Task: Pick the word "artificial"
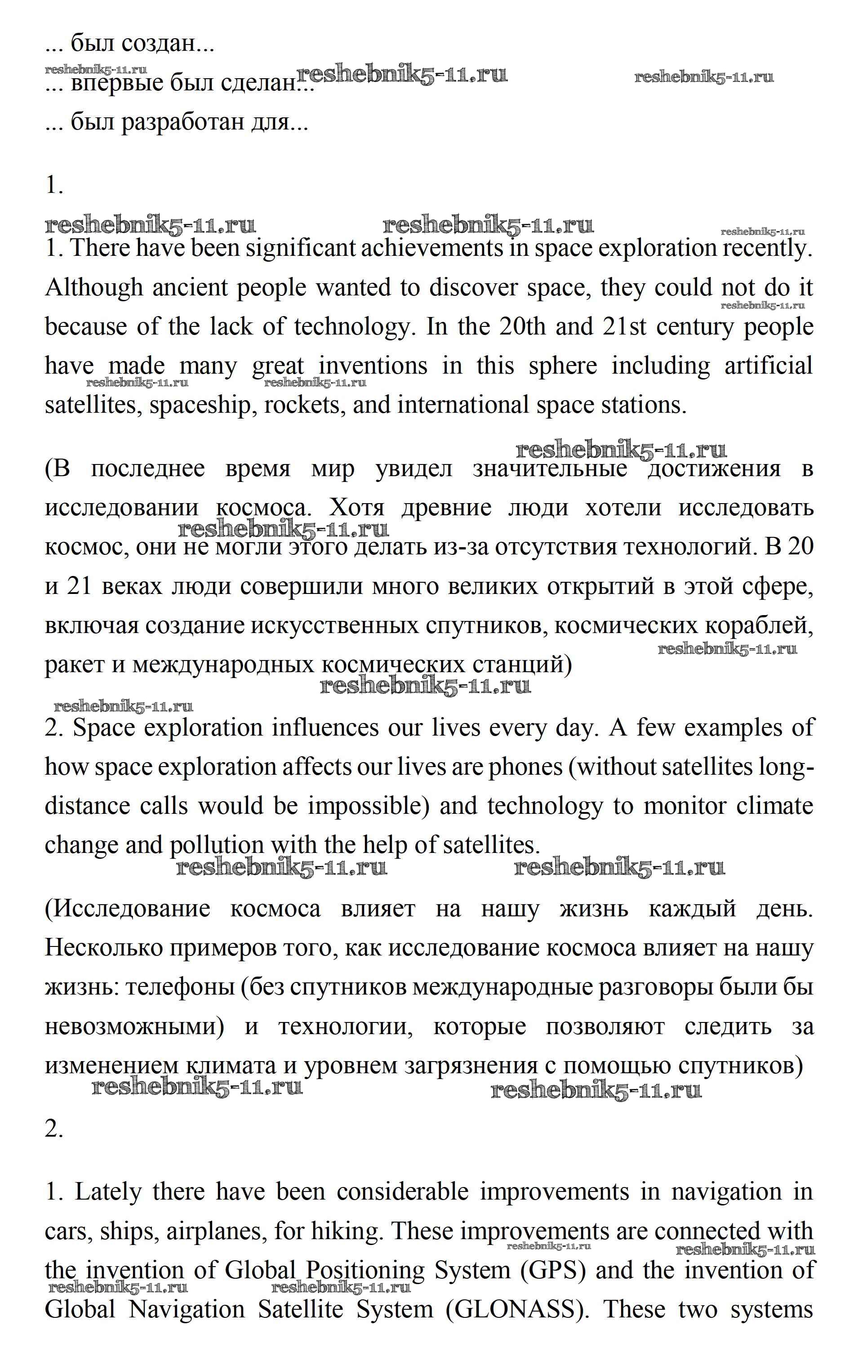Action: coord(769,366)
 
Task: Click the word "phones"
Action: coord(525,767)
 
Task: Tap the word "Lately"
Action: coord(108,1192)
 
